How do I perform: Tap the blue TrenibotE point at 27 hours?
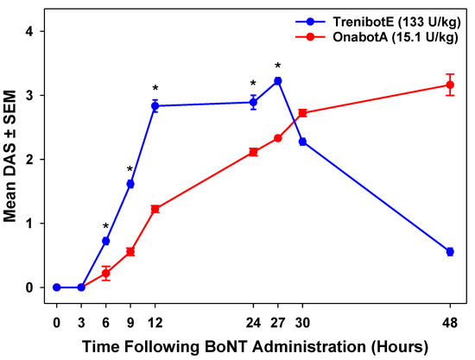pos(278,81)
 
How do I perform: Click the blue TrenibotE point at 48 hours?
pos(450,251)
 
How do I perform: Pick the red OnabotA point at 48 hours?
pos(450,85)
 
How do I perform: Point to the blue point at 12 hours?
pos(155,105)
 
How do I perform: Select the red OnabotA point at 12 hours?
pos(155,209)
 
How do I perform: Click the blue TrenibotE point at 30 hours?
pos(302,142)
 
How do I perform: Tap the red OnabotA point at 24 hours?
pos(253,152)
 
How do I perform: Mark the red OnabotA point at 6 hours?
pos(105,273)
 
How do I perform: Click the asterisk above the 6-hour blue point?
pos(105,227)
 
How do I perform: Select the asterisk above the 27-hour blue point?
pos(278,66)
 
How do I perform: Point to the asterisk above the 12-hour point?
pos(155,89)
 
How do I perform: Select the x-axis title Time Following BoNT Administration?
pos(250,345)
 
